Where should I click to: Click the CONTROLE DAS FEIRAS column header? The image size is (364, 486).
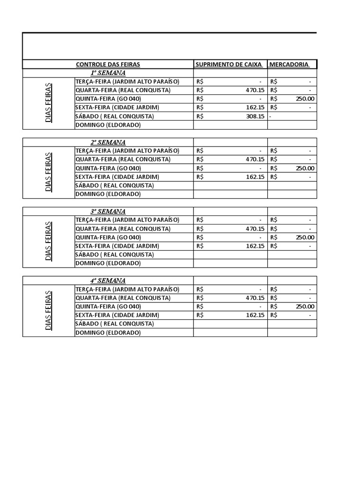[108, 65]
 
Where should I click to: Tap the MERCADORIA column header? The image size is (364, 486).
[289, 65]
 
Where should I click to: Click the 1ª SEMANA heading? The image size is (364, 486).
[108, 73]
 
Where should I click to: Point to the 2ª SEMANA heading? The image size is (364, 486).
[108, 142]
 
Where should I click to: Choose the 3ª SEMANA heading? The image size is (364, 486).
[108, 212]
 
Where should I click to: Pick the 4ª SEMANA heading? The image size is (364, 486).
[108, 280]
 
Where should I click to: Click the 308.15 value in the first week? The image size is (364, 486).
[255, 116]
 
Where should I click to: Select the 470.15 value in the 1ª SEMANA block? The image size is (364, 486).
[255, 90]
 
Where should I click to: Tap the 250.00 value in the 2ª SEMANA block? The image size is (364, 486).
[305, 168]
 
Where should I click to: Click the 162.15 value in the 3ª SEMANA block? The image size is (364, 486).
[255, 246]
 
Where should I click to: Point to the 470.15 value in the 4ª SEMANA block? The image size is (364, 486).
[255, 298]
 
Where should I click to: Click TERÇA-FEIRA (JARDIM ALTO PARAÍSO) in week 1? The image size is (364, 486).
[127, 82]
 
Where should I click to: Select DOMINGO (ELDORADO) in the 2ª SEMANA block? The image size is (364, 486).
[108, 194]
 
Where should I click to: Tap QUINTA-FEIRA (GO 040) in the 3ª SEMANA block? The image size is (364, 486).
[108, 237]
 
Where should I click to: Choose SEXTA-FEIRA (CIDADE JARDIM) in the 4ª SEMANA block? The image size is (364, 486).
[117, 315]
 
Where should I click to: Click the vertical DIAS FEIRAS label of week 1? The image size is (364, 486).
[49, 103]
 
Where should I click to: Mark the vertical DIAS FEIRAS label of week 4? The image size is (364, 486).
[49, 310]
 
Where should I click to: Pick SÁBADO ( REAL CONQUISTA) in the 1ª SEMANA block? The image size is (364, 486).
[115, 116]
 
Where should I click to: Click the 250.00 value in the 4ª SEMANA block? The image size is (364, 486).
[305, 307]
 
